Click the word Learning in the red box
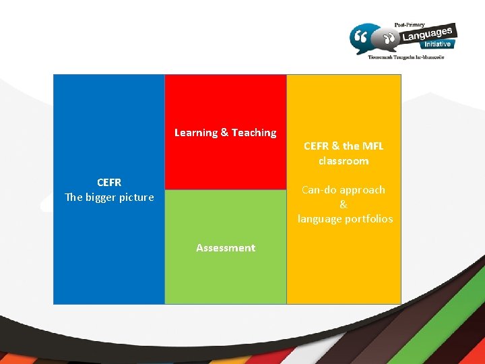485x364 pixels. point(196,133)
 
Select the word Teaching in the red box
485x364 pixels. point(254,133)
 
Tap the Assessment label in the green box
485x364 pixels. point(226,248)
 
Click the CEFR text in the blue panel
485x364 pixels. point(109,183)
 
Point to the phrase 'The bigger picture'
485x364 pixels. point(109,198)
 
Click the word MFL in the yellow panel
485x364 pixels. point(373,146)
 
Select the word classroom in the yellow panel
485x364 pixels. point(344,161)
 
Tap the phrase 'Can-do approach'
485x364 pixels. point(344,190)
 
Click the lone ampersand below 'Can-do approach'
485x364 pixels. point(344,204)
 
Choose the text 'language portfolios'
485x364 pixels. point(345,219)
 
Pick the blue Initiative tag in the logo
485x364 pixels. point(438,44)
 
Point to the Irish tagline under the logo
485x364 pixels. point(406,58)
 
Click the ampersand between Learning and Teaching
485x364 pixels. point(224,133)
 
